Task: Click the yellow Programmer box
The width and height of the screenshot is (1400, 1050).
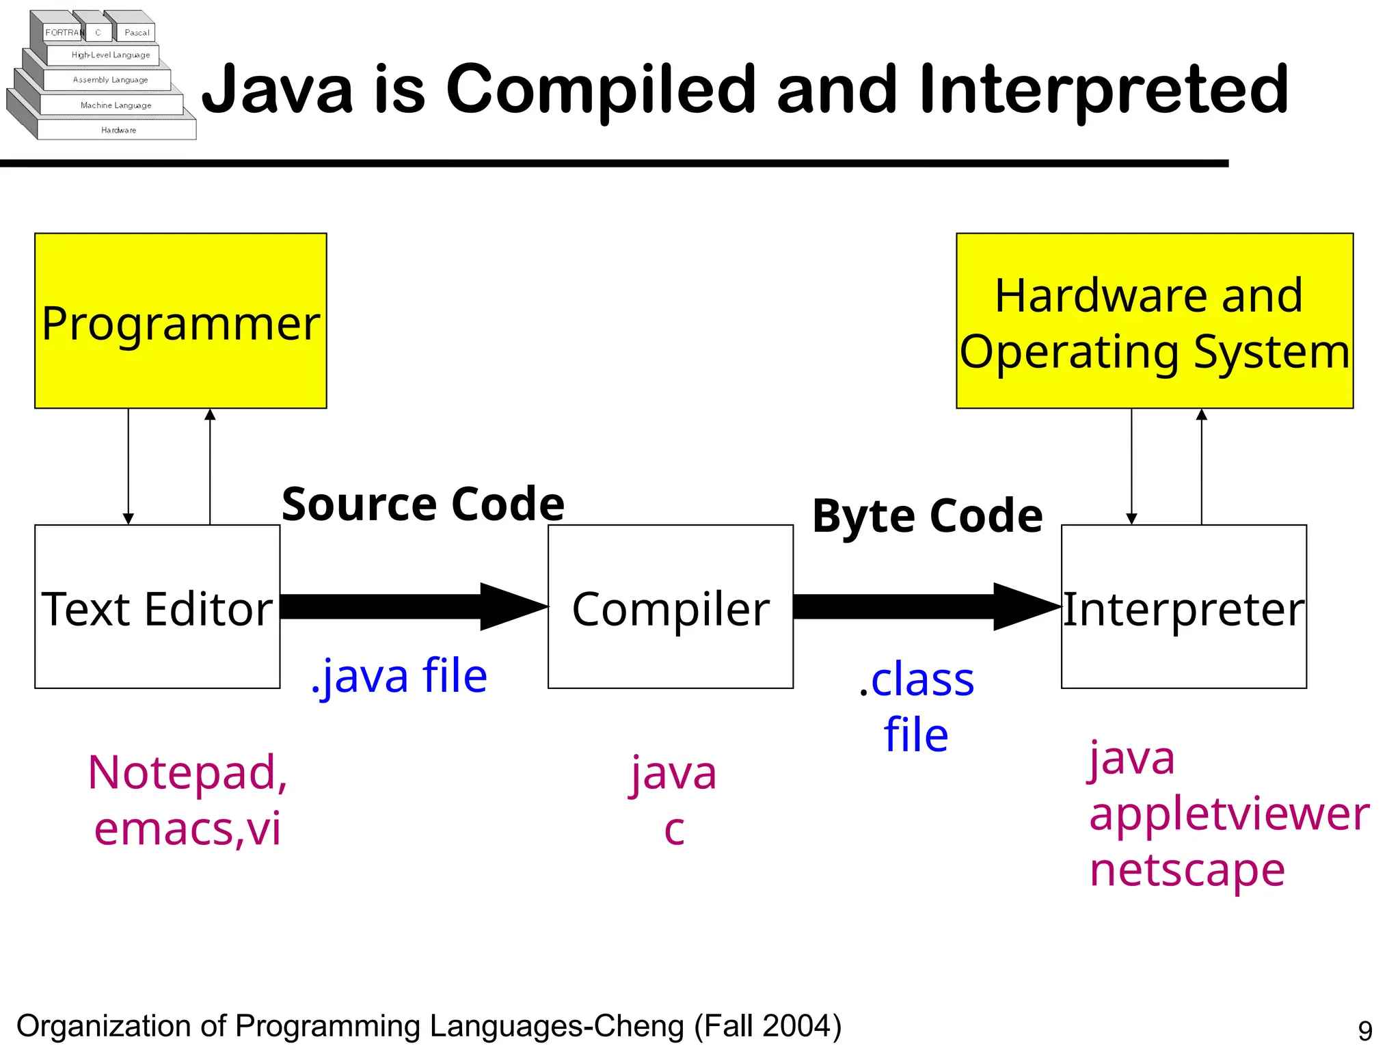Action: [x=180, y=321]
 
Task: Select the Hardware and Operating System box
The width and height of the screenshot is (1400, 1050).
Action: [x=1154, y=321]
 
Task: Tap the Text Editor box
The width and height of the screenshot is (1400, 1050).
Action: [x=157, y=607]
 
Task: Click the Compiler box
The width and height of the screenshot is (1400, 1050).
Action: [x=670, y=607]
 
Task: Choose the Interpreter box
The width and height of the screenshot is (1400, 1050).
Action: [x=1183, y=607]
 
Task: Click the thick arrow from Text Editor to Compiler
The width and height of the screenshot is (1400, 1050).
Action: [x=410, y=606]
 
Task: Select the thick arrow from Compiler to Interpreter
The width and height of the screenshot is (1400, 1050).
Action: [x=923, y=606]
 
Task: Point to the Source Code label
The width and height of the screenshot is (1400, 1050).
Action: [x=423, y=504]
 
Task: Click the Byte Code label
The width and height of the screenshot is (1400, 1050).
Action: [x=927, y=515]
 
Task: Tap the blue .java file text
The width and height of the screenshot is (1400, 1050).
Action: [x=399, y=675]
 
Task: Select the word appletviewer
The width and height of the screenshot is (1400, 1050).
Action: [x=1228, y=815]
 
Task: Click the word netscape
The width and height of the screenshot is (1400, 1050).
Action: [x=1187, y=870]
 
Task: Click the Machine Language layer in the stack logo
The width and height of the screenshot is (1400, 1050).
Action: [x=116, y=105]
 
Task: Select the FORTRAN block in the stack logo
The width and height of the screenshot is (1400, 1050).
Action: [x=63, y=32]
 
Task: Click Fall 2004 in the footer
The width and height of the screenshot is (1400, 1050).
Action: [x=768, y=1026]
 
